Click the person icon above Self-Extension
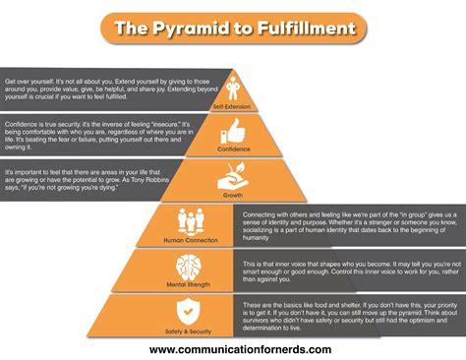(x=232, y=84)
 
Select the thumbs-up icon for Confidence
(x=233, y=129)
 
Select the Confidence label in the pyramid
(x=233, y=148)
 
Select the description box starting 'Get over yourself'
(x=113, y=90)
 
